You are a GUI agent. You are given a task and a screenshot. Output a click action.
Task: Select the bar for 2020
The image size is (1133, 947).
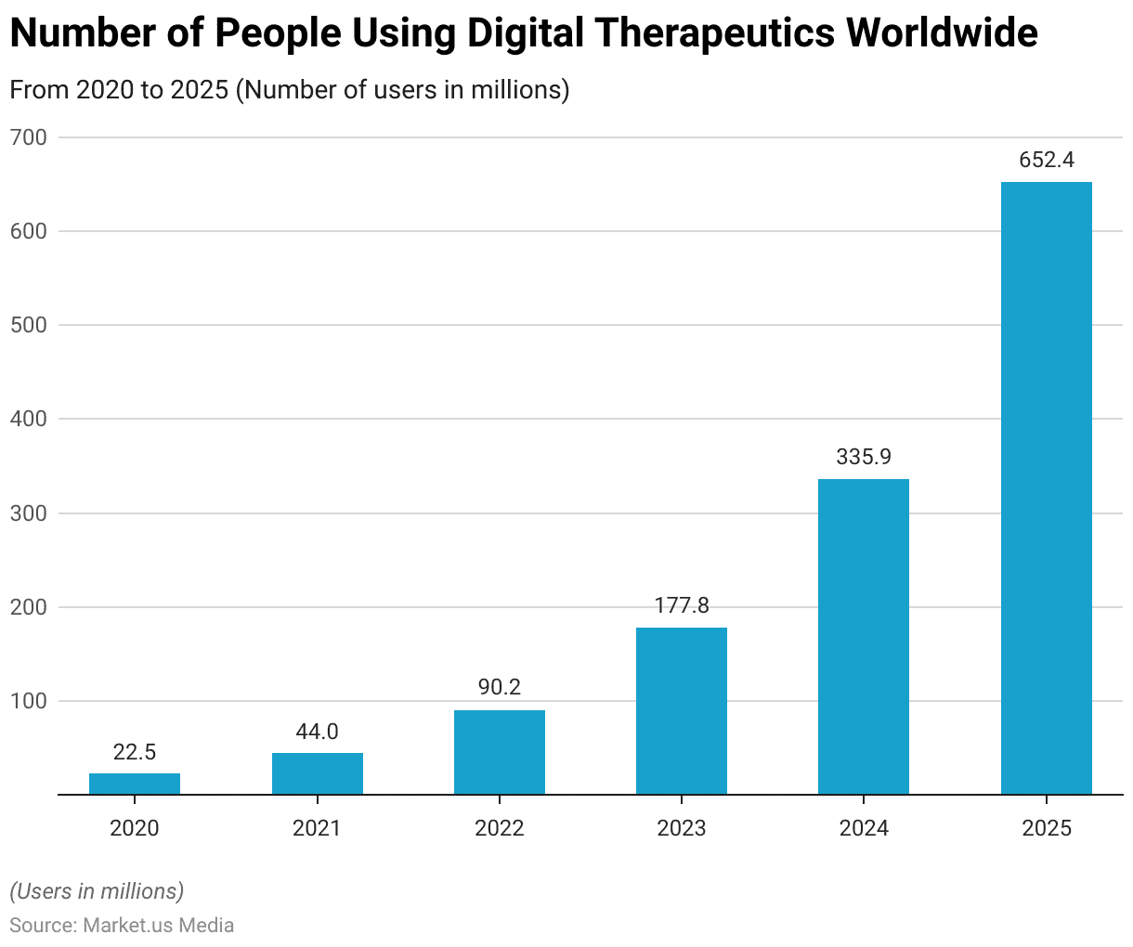tap(135, 784)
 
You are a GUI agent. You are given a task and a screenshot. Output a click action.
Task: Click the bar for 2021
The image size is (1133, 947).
tap(318, 773)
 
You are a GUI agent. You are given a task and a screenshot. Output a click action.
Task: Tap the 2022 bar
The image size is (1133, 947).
tap(500, 752)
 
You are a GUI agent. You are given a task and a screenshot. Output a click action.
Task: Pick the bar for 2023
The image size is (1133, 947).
tap(682, 711)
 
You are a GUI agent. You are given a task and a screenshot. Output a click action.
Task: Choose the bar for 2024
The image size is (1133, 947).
tap(864, 637)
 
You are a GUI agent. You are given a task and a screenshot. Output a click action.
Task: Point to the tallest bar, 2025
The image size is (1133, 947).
tap(1047, 488)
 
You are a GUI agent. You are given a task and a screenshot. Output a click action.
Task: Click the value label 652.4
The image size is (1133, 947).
tap(1047, 160)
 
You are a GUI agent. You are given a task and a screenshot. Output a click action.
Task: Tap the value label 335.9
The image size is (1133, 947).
tap(864, 457)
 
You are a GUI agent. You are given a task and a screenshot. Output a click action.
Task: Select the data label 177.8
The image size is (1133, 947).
tap(682, 605)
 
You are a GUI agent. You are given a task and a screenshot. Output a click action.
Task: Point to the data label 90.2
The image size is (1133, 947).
tap(500, 688)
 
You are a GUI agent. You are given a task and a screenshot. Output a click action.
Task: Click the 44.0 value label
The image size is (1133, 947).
tap(318, 732)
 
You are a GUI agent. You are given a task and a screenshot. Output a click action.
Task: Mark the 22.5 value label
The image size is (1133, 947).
tap(135, 752)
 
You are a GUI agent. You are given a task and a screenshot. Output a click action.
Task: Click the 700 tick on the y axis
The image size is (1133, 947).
tap(28, 137)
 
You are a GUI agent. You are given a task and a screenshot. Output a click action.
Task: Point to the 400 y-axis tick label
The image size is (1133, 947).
tap(28, 419)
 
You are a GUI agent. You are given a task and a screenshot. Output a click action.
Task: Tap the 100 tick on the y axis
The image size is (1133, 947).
tap(28, 701)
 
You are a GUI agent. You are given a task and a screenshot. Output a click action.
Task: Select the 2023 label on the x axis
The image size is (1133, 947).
tap(682, 828)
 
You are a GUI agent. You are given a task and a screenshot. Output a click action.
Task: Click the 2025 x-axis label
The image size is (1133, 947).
tap(1047, 828)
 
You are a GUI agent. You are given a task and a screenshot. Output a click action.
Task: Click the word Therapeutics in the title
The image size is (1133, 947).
tap(710, 34)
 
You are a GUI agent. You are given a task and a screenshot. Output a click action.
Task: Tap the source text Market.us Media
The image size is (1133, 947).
tap(159, 926)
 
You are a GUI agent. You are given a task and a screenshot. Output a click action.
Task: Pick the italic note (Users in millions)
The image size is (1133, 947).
tap(97, 891)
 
